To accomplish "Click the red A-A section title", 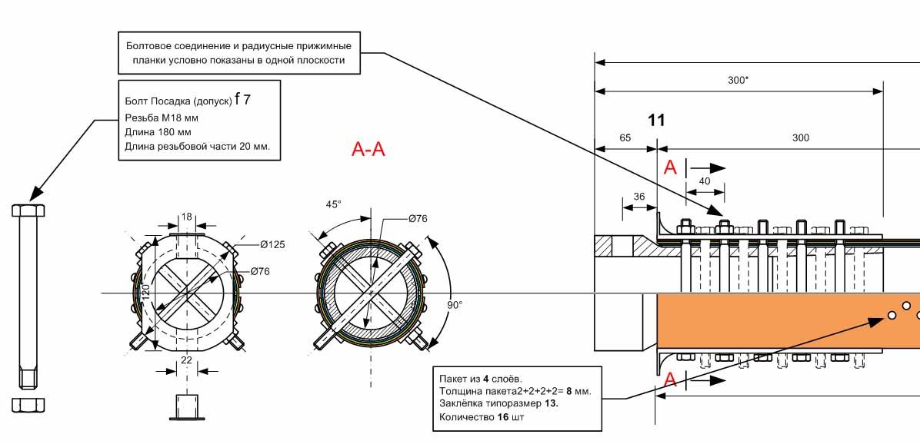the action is point(368,150).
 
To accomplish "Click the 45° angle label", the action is point(334,204).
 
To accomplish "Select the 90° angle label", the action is point(454,305).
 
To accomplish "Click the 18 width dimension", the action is point(187,217).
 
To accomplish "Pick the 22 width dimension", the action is point(187,360).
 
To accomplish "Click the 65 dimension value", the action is point(625,138).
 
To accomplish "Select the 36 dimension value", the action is point(639,197).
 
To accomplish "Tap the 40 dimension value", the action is point(705,181).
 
